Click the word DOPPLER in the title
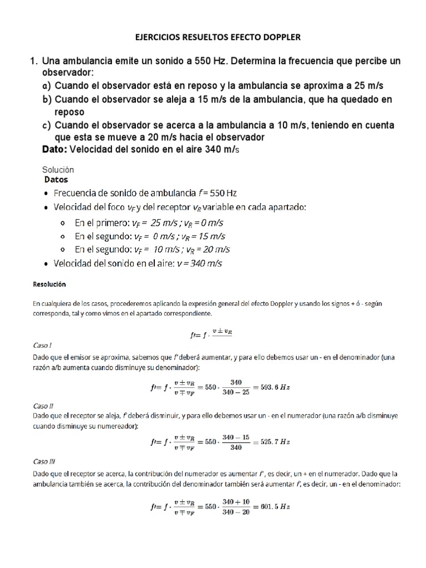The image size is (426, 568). (277, 37)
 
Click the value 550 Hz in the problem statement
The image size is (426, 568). (206, 61)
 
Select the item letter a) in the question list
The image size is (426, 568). (47, 86)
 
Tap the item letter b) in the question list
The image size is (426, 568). (47, 99)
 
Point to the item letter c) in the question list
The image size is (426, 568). (47, 125)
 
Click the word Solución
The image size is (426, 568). (58, 170)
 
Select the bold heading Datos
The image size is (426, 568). (55, 180)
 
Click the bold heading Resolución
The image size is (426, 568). (49, 284)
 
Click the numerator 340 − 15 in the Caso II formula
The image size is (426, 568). (235, 437)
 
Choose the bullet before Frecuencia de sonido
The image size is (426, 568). (45, 193)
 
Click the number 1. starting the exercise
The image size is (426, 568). (34, 61)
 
